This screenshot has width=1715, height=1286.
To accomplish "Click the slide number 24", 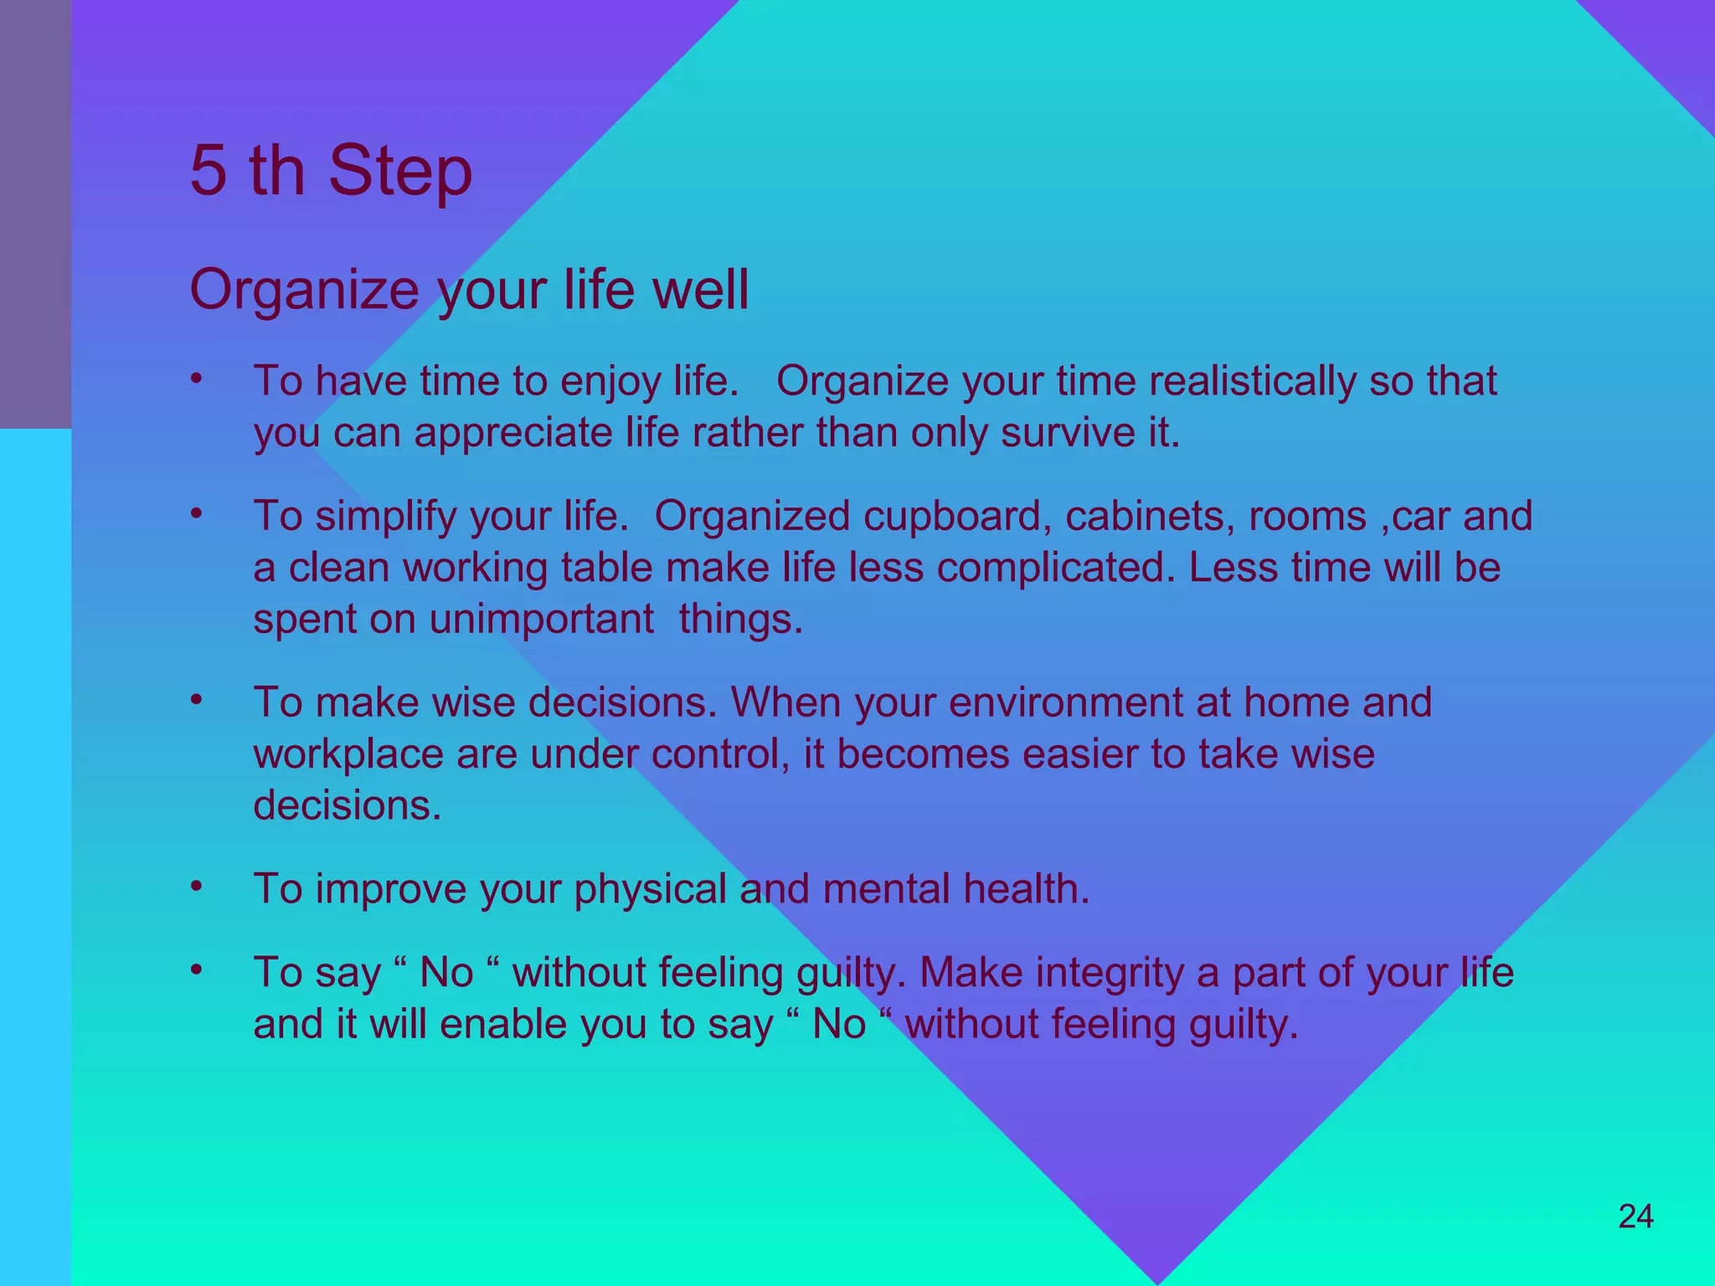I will pyautogui.click(x=1635, y=1217).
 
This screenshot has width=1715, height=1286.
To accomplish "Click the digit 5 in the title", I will pyautogui.click(x=209, y=171).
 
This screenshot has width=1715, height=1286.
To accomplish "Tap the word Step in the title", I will pyautogui.click(x=400, y=173).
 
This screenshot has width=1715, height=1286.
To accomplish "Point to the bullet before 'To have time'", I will pyautogui.click(x=196, y=379).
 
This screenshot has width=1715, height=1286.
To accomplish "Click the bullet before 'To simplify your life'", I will pyautogui.click(x=196, y=514).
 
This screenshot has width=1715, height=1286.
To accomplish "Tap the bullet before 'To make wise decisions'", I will pyautogui.click(x=196, y=700).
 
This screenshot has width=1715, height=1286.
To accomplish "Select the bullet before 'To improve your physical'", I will pyautogui.click(x=196, y=887).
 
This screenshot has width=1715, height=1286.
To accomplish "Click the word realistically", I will pyautogui.click(x=1252, y=382).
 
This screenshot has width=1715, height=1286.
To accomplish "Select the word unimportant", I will pyautogui.click(x=541, y=620).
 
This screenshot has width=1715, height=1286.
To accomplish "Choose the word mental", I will pyautogui.click(x=886, y=889).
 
